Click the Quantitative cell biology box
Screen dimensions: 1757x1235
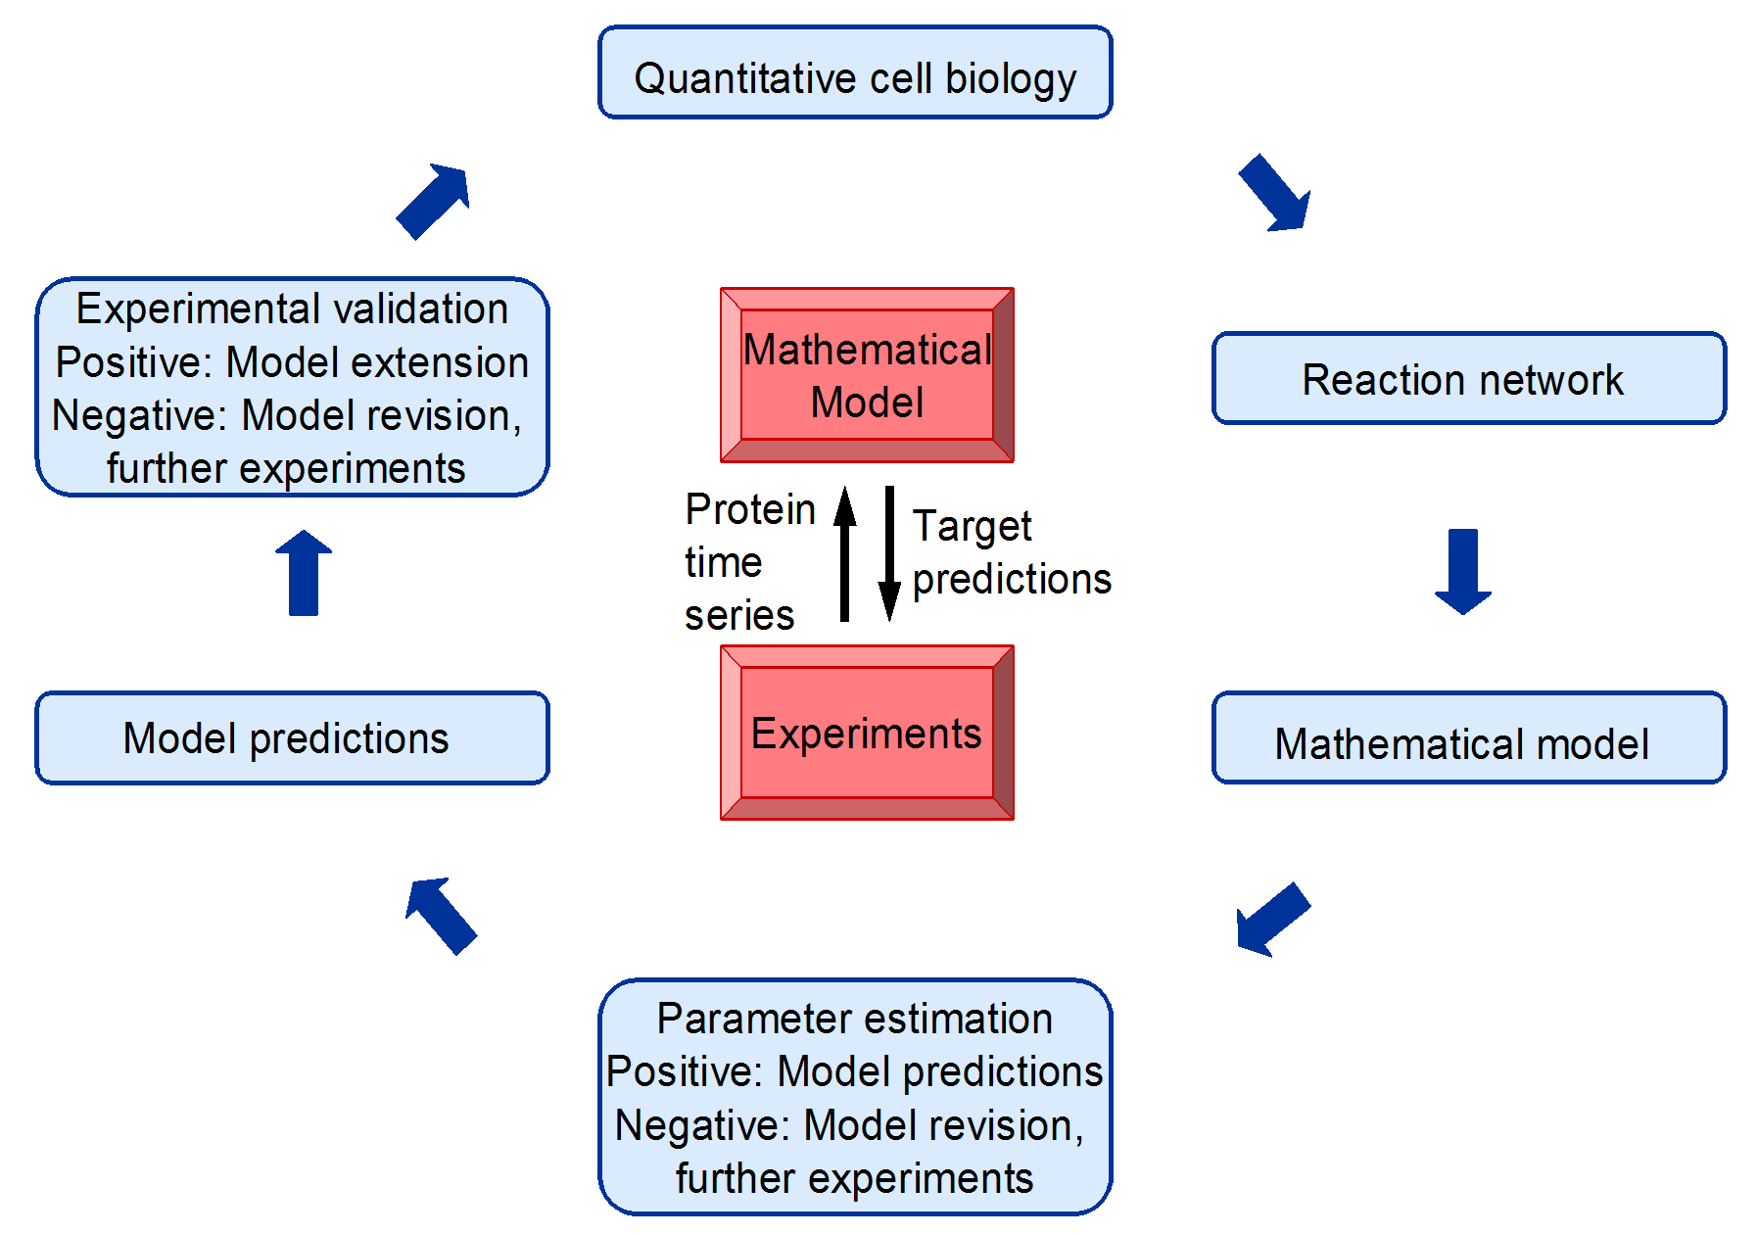point(855,72)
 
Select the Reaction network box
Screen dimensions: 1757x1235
point(1469,378)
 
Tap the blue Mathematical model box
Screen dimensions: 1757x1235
point(1469,737)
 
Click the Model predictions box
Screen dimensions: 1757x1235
point(292,737)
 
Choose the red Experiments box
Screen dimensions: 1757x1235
point(867,733)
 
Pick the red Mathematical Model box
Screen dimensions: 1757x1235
point(867,375)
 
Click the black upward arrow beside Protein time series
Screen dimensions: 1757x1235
point(844,553)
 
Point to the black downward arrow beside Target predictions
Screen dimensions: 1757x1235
point(889,553)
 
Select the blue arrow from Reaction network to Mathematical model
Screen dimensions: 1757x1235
point(1463,572)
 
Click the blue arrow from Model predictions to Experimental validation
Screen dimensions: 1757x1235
point(304,573)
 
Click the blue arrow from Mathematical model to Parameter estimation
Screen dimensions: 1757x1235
point(1272,919)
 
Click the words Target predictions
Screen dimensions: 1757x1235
point(1012,553)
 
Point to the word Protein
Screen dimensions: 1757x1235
point(750,509)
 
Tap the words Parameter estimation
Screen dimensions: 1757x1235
point(855,1019)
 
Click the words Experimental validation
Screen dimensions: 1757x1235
point(292,309)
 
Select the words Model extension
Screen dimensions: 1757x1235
point(378,362)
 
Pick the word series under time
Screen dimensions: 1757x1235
point(739,615)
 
